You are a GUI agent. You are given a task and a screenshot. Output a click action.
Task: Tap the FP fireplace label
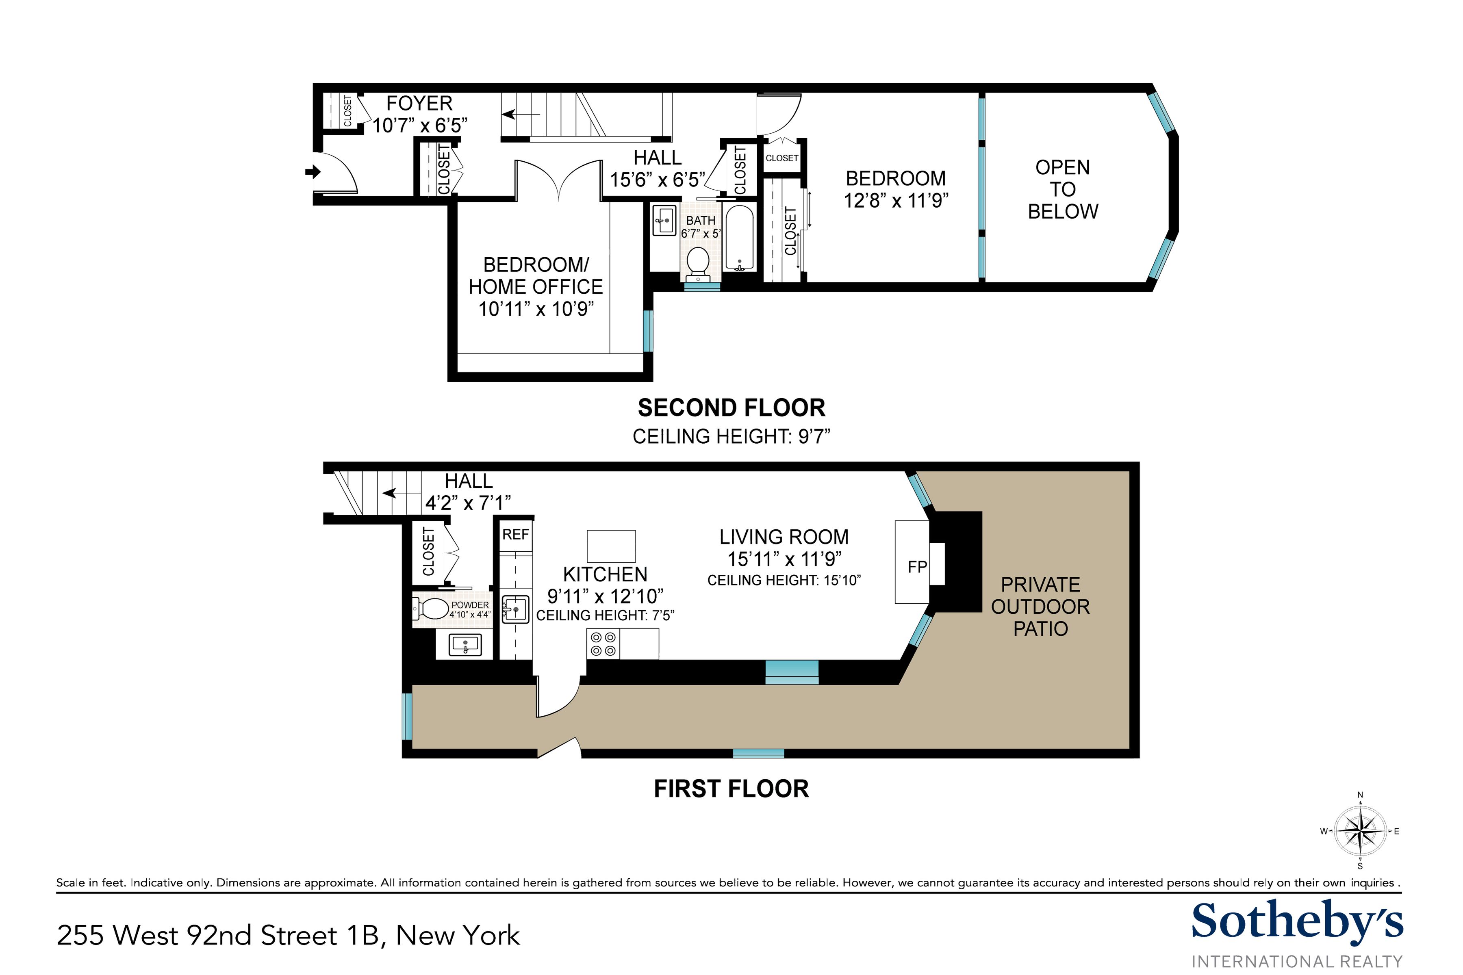[x=917, y=566]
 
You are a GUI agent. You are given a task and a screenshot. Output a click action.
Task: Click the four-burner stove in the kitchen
[x=603, y=643]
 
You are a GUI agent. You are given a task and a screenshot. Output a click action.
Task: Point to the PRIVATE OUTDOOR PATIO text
[x=1040, y=606]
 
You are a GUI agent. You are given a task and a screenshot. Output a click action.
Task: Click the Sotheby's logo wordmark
[x=1296, y=922]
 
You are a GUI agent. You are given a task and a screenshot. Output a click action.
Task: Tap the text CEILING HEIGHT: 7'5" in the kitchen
[x=605, y=615]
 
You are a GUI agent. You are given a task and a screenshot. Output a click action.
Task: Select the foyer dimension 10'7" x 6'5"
[x=419, y=126]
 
